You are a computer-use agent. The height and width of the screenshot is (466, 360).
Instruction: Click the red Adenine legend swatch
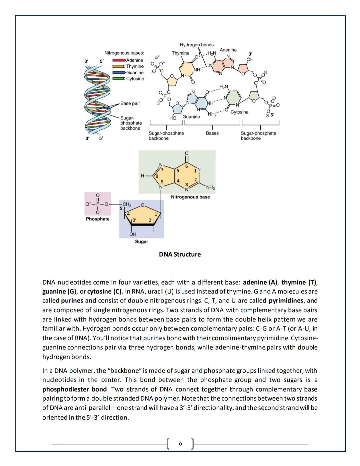coord(119,60)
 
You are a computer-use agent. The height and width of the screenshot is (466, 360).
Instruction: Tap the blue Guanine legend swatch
coord(119,72)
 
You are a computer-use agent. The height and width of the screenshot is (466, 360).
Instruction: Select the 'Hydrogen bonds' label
coord(197,45)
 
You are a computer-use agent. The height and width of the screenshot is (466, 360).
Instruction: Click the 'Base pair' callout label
coord(130,103)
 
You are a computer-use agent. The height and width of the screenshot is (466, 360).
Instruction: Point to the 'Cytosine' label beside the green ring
coord(239,112)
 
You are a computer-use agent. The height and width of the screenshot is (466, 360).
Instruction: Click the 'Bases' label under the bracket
coord(212,133)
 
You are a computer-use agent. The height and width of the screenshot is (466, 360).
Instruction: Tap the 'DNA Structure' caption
coord(180,255)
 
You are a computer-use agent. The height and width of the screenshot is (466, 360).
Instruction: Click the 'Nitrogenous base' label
coord(190,197)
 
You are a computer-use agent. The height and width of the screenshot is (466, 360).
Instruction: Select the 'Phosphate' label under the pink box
coord(98,219)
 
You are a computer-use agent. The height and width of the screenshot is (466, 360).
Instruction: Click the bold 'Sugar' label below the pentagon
coord(141,242)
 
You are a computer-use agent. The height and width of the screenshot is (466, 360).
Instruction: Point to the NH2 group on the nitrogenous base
coord(211,187)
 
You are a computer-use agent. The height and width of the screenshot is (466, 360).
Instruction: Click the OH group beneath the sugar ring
coord(133,234)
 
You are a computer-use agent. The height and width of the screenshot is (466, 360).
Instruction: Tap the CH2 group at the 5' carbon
coord(127,204)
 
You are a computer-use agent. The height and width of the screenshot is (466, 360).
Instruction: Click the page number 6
coord(180,443)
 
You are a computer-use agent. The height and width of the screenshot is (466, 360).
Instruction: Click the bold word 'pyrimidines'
coord(286,301)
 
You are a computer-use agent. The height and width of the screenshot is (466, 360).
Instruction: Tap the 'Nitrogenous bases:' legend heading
coord(124,53)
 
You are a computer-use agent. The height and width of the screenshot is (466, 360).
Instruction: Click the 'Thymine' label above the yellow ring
coord(180,53)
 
